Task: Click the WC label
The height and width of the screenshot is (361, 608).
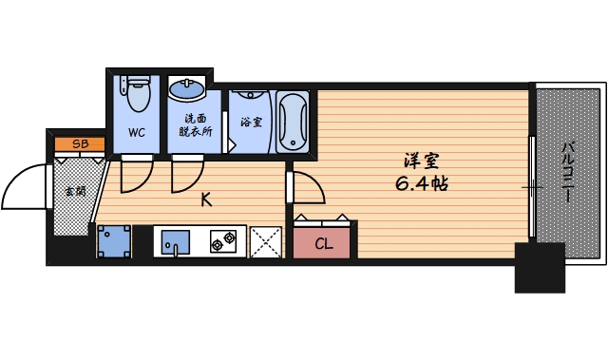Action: pyautogui.click(x=137, y=133)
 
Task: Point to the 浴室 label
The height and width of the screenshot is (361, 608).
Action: pyautogui.click(x=251, y=123)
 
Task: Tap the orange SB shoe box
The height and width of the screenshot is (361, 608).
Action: pyautogui.click(x=80, y=143)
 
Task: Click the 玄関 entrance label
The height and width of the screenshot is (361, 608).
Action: pyautogui.click(x=73, y=191)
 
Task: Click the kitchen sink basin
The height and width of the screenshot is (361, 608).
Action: pyautogui.click(x=176, y=241)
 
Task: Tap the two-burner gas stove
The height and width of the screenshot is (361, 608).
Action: pyautogui.click(x=225, y=242)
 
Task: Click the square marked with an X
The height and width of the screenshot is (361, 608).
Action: pyautogui.click(x=266, y=241)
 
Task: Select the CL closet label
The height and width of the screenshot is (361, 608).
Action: pyautogui.click(x=324, y=244)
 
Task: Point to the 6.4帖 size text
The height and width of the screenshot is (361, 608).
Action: pyautogui.click(x=421, y=184)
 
